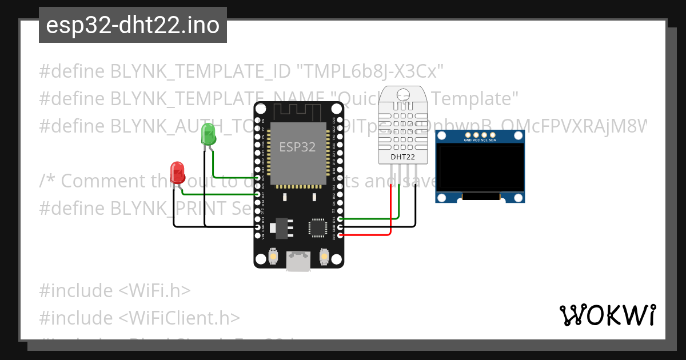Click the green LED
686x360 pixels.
click(x=208, y=135)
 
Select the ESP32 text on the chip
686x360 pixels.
click(x=297, y=147)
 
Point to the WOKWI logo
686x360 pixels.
click(x=607, y=315)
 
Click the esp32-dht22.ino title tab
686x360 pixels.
click(x=133, y=25)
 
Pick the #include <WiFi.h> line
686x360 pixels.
click(x=114, y=290)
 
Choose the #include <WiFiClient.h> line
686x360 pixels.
click(x=139, y=318)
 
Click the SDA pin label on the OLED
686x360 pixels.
click(x=492, y=139)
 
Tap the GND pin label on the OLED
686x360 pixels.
click(x=468, y=139)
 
